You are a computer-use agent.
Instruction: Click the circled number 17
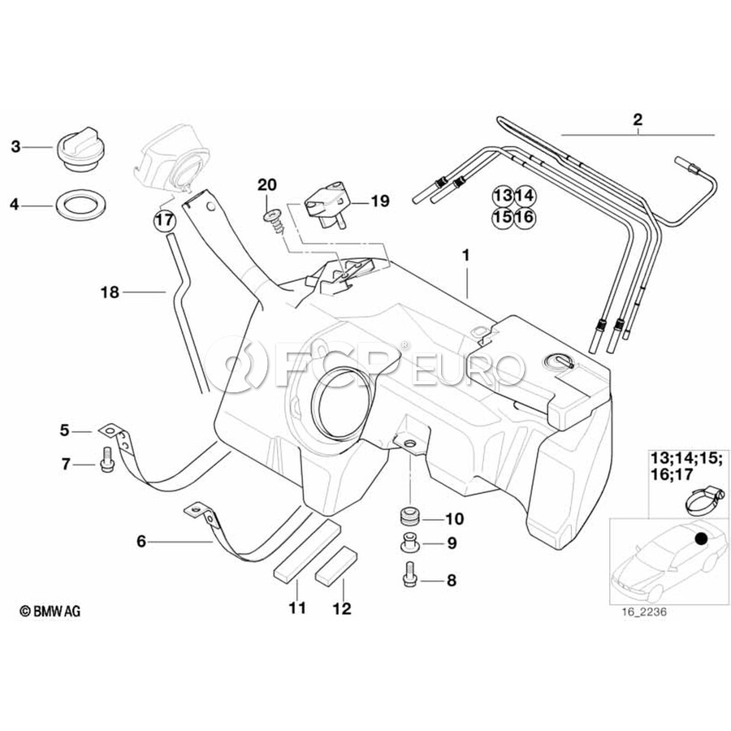tap(164, 219)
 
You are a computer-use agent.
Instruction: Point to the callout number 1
tap(466, 254)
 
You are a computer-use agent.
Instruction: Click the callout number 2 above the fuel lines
tap(638, 120)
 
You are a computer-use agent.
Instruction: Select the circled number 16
tap(524, 218)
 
